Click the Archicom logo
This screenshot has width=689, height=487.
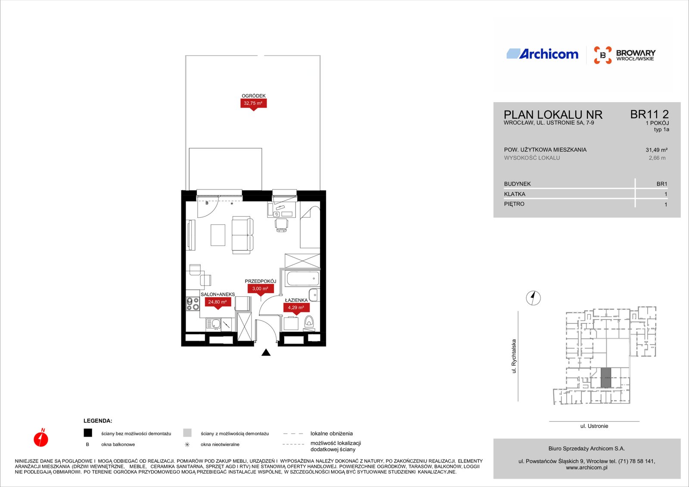point(542,54)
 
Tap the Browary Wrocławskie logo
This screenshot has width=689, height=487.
point(624,55)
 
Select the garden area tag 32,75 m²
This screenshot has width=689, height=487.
point(254,104)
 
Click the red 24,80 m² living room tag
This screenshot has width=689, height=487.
point(218,303)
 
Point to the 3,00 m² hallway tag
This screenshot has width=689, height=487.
point(261,289)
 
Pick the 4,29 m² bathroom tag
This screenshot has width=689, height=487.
point(296,308)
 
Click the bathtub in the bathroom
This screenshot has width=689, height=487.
point(303,279)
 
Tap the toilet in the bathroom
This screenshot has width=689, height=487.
point(309,322)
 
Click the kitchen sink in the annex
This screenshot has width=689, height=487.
point(213,324)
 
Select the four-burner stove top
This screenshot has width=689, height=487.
point(193,304)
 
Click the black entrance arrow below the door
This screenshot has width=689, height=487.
point(266,353)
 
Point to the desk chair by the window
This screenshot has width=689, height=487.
point(281,225)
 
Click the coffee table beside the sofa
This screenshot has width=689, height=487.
point(218,235)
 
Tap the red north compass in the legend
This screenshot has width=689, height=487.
point(41,438)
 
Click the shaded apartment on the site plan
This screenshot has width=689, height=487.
point(605,378)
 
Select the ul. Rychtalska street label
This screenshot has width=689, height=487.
point(514,356)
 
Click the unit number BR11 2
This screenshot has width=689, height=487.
point(649,115)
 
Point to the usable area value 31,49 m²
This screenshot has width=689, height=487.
point(656,150)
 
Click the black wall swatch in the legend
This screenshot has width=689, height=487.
point(88,433)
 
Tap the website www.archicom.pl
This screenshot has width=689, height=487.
point(587,468)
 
